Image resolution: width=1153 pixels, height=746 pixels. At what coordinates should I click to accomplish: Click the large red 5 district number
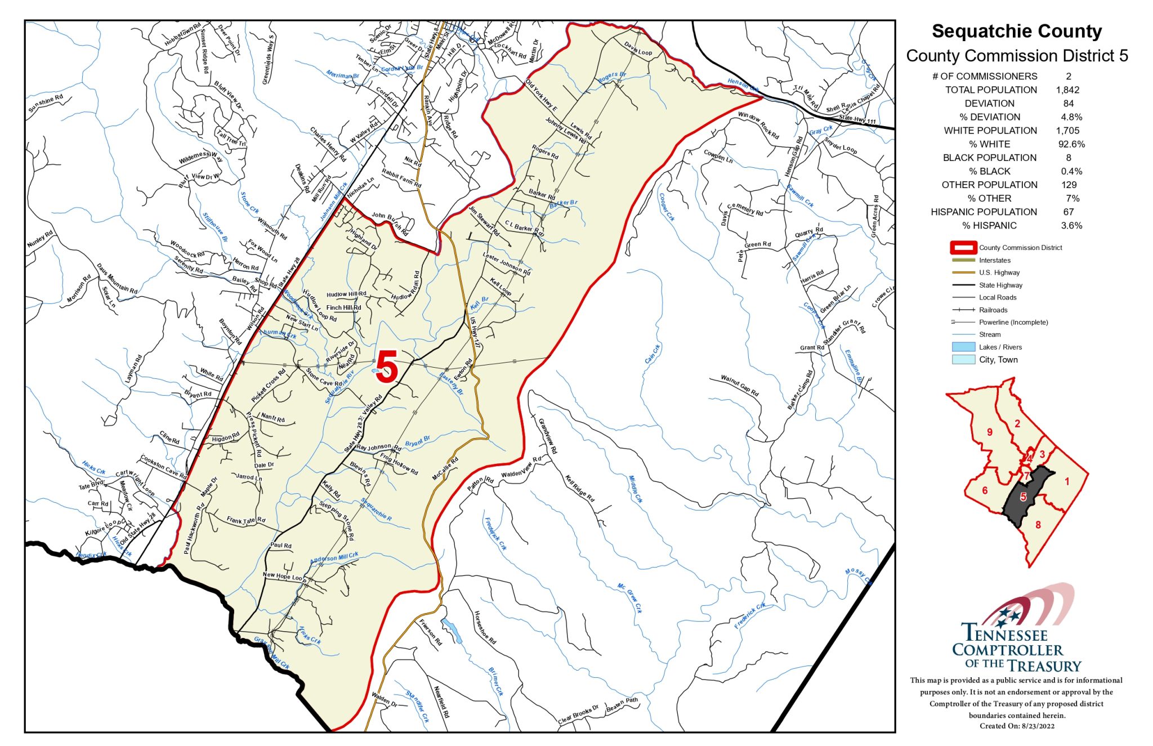[387, 367]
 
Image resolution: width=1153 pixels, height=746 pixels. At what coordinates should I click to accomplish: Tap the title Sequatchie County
[1017, 31]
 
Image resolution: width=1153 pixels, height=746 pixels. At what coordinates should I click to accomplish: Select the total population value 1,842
[1067, 90]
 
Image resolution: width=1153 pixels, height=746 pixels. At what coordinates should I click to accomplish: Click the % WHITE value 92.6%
[1071, 144]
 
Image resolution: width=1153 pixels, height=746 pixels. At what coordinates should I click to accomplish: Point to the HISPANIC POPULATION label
[984, 212]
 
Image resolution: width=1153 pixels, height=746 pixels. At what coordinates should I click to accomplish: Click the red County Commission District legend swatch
[963, 248]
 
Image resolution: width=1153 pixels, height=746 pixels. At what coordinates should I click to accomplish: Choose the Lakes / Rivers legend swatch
[963, 347]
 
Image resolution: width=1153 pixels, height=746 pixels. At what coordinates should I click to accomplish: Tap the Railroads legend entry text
[993, 310]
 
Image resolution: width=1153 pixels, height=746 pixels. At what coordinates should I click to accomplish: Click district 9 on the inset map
[989, 432]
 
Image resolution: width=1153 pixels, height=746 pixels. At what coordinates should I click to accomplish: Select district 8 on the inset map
[1038, 525]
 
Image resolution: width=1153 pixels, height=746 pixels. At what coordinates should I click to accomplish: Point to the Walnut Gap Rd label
[740, 386]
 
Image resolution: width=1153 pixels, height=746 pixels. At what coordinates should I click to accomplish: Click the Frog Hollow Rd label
[399, 463]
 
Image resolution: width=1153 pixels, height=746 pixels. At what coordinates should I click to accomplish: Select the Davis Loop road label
[637, 49]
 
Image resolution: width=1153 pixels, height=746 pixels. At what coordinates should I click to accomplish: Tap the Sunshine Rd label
[46, 103]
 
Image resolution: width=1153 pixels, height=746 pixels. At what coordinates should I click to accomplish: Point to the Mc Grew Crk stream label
[629, 598]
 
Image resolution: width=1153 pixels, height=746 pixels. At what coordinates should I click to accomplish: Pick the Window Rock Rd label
[758, 125]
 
